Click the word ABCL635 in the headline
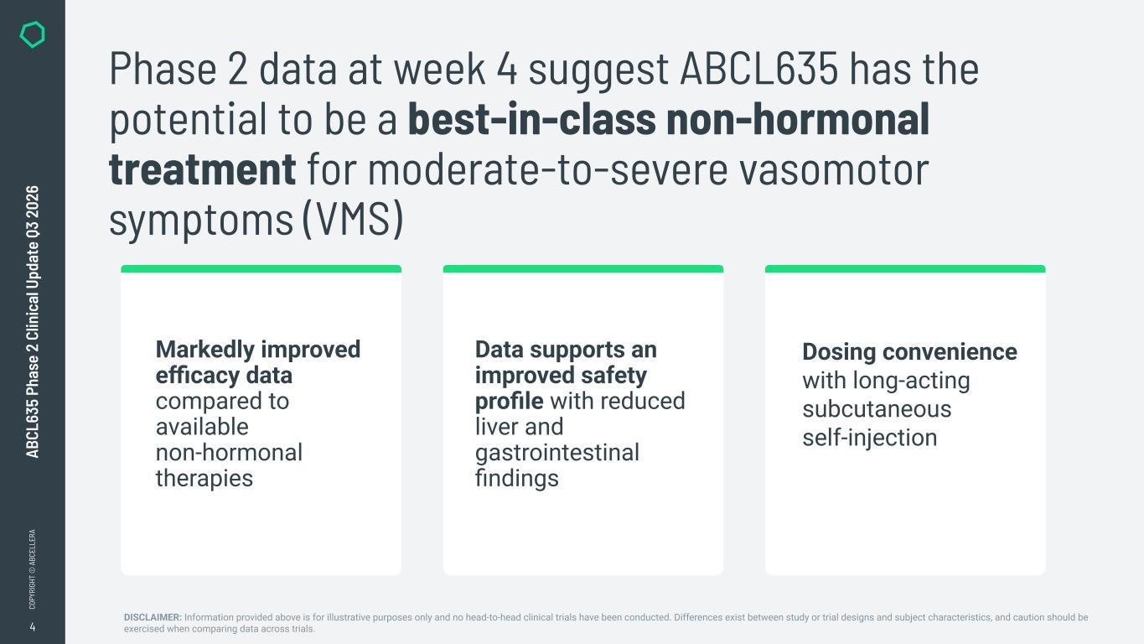click(759, 69)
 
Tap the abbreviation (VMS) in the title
click(353, 219)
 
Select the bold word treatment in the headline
click(202, 169)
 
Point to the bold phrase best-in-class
click(531, 119)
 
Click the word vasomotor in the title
click(835, 170)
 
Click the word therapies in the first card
click(204, 479)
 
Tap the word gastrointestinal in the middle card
click(557, 454)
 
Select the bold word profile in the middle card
click(510, 402)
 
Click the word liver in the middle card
click(494, 427)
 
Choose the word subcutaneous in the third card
click(877, 409)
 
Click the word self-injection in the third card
click(870, 438)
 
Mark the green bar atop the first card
click(261, 269)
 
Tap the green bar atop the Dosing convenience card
click(905, 269)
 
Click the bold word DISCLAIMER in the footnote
click(153, 617)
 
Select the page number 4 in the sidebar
click(33, 627)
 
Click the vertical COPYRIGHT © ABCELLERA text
click(32, 569)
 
